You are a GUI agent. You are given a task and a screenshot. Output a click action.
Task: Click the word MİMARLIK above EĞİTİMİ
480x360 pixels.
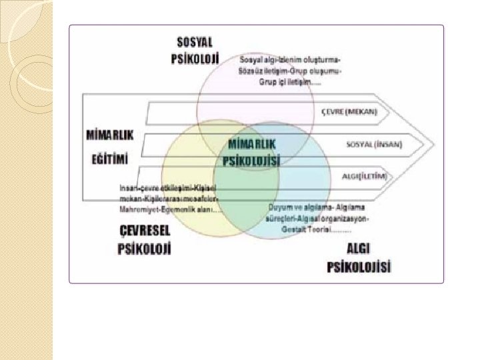tap(111, 134)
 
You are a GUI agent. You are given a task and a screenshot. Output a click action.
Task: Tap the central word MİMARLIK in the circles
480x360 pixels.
tap(253, 143)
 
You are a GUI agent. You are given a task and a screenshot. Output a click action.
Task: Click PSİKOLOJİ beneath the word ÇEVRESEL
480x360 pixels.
tap(145, 250)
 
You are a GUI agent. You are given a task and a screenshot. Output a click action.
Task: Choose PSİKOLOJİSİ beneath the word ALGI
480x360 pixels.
tap(359, 268)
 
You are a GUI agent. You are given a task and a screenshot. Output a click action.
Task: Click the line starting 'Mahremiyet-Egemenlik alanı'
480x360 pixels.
tap(171, 210)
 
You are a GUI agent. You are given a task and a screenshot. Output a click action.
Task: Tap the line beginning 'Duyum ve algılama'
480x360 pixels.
tap(316, 207)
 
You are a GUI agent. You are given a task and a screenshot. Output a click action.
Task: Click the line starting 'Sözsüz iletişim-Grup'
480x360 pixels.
tap(291, 70)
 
